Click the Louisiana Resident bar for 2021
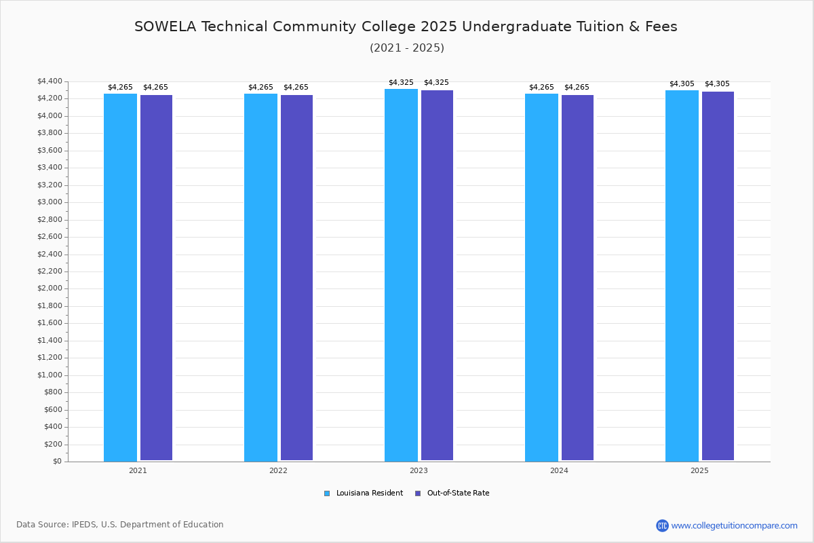click(x=120, y=277)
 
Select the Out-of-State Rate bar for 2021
click(x=156, y=278)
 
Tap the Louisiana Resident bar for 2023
click(x=401, y=275)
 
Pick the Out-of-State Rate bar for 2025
click(x=718, y=276)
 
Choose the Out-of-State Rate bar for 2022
click(x=296, y=278)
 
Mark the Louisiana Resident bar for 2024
click(x=541, y=277)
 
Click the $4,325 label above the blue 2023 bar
click(x=401, y=83)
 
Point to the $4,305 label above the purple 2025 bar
click(x=717, y=84)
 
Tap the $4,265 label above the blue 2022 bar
click(x=260, y=88)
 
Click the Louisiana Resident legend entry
click(x=369, y=493)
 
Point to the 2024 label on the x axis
click(x=559, y=470)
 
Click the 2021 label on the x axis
click(x=138, y=470)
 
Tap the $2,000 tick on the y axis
click(x=51, y=288)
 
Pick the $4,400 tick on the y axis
click(x=51, y=81)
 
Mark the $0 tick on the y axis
click(x=57, y=462)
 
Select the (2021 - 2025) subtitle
click(x=407, y=48)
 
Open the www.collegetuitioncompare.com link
click(x=734, y=525)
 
